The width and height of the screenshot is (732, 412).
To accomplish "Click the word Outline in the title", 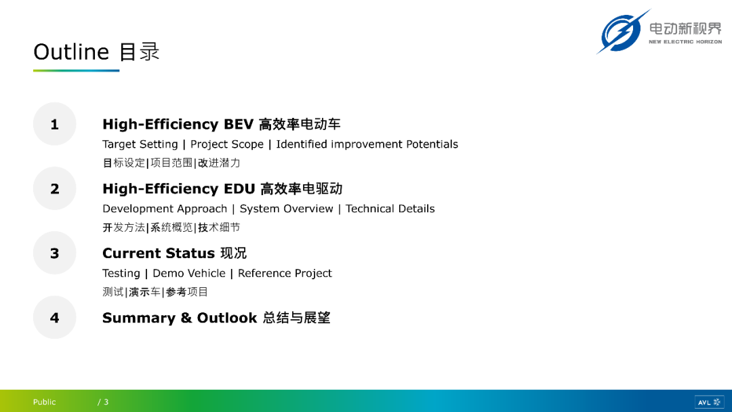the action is (x=71, y=52).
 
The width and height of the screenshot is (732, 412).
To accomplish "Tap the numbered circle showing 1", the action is (x=55, y=124).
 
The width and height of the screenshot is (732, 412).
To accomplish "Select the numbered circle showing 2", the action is (x=55, y=188).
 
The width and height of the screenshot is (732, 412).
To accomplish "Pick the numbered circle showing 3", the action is (x=55, y=253).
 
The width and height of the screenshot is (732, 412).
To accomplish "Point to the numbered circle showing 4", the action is (x=55, y=317).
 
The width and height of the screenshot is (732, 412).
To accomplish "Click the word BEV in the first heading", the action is (x=239, y=125).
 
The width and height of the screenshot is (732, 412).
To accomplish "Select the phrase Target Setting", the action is (x=140, y=144).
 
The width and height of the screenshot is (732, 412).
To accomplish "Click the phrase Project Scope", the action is (x=227, y=144).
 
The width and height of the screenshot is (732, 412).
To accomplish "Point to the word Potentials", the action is (x=432, y=144).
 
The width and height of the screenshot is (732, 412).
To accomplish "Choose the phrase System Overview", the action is (x=286, y=209).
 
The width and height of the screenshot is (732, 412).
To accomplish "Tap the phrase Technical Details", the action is (x=390, y=209).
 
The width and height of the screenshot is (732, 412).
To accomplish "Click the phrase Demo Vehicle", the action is (x=189, y=273).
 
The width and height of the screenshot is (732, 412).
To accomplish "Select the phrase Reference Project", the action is (x=285, y=273).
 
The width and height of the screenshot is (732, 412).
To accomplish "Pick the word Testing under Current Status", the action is (x=121, y=274).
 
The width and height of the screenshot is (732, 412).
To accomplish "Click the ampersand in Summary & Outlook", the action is (x=186, y=318).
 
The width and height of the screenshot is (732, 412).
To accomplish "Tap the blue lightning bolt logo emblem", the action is (x=622, y=32).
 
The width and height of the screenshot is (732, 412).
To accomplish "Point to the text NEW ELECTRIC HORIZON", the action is (x=685, y=42).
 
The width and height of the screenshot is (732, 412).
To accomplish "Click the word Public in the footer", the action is (x=44, y=402).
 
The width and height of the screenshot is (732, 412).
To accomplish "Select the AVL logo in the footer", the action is (x=709, y=402).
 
